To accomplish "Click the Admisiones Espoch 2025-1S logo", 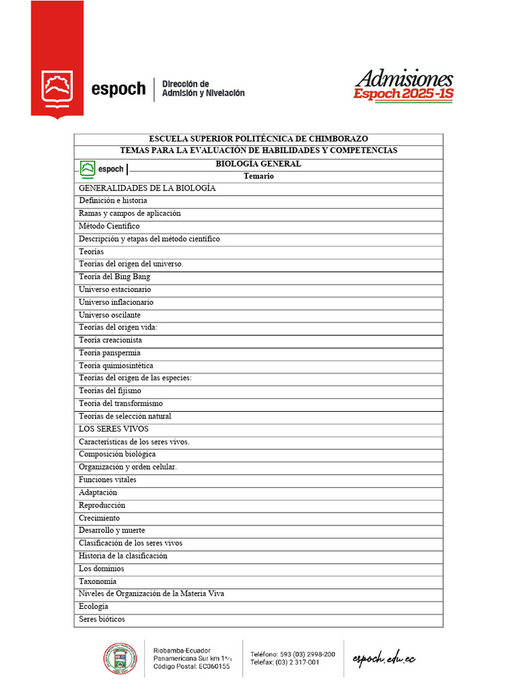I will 403,85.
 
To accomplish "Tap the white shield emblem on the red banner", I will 57,88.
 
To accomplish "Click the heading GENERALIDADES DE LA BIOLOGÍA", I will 147,188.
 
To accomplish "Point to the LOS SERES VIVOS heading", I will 114,429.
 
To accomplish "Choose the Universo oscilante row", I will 110,315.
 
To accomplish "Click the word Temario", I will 258,176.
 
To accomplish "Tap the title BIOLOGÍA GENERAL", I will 258,164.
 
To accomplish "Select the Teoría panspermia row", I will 110,353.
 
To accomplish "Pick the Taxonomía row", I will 98,581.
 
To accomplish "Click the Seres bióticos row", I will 102,619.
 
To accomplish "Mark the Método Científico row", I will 109,226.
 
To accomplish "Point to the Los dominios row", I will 102,569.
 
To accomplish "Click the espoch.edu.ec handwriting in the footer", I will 384,658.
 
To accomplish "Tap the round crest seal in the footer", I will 119,659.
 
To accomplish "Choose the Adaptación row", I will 98,493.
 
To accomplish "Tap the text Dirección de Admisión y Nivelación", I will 203,88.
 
